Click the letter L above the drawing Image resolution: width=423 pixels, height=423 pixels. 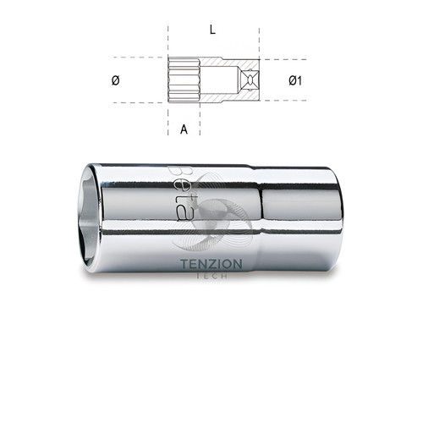coord(212,30)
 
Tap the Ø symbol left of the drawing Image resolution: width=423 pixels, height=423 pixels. coord(116,80)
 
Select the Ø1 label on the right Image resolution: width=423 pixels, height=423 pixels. coord(295,80)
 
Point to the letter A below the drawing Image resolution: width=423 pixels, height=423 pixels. coord(184,129)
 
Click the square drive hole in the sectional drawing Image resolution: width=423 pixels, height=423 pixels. coord(250,80)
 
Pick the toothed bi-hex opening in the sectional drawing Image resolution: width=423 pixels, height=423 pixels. coord(184,80)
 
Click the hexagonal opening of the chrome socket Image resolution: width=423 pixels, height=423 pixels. coord(90,217)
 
